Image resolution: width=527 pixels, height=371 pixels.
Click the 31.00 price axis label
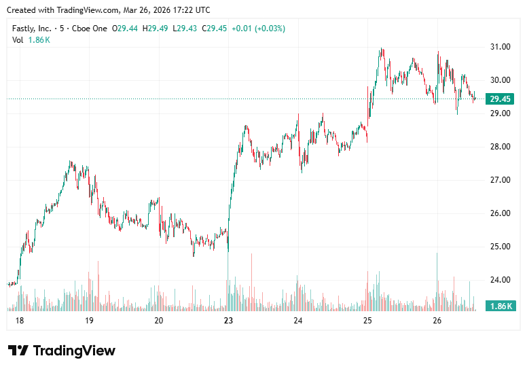point(501,47)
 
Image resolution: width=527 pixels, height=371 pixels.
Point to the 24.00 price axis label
point(501,280)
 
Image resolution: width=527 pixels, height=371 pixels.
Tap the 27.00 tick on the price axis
point(501,180)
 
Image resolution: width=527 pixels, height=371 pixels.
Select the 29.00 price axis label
point(501,113)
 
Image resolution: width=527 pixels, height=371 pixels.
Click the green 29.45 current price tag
point(501,99)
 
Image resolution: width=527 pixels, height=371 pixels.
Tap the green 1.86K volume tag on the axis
point(501,306)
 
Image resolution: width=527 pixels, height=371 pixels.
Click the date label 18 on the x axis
point(19,321)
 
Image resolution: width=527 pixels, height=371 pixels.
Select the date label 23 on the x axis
point(228,321)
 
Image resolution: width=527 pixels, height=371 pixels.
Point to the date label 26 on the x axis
point(437,321)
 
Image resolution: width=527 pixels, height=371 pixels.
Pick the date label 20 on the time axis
point(158,321)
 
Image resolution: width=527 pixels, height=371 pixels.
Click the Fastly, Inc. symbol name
point(33,29)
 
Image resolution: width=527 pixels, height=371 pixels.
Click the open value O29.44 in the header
point(126,29)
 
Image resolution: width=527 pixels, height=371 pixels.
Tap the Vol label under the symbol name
point(18,40)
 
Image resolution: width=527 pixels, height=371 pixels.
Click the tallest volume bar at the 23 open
point(228,285)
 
